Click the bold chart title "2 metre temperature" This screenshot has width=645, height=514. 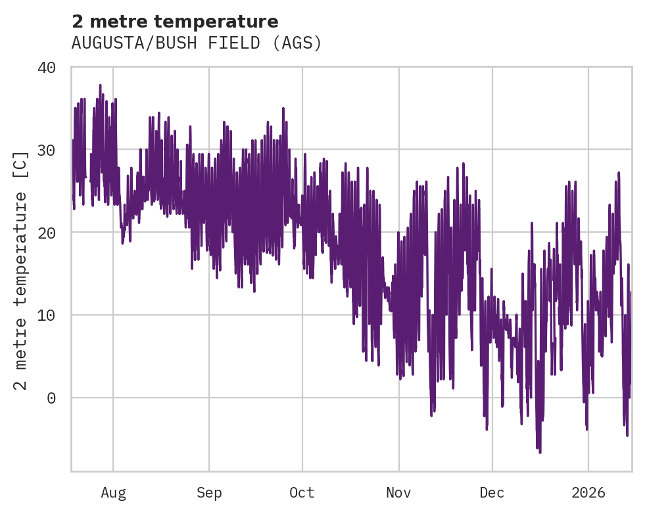[x=175, y=22]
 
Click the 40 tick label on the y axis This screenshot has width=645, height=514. [x=53, y=68]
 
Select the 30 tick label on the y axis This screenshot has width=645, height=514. [x=53, y=150]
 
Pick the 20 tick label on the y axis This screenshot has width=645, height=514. [x=53, y=233]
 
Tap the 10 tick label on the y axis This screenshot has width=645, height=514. [x=53, y=315]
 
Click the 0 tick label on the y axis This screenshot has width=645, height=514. [x=58, y=398]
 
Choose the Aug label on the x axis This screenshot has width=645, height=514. [x=113, y=493]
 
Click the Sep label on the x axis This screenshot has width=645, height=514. [x=209, y=493]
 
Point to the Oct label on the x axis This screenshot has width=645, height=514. [x=302, y=493]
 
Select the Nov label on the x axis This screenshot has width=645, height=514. [x=398, y=493]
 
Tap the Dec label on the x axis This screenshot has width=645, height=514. [x=492, y=493]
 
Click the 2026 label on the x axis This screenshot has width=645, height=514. [x=588, y=493]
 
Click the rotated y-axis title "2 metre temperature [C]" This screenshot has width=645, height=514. [x=22, y=270]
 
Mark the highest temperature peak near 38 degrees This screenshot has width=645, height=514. [x=100, y=85]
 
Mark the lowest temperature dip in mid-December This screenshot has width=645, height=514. [x=540, y=452]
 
